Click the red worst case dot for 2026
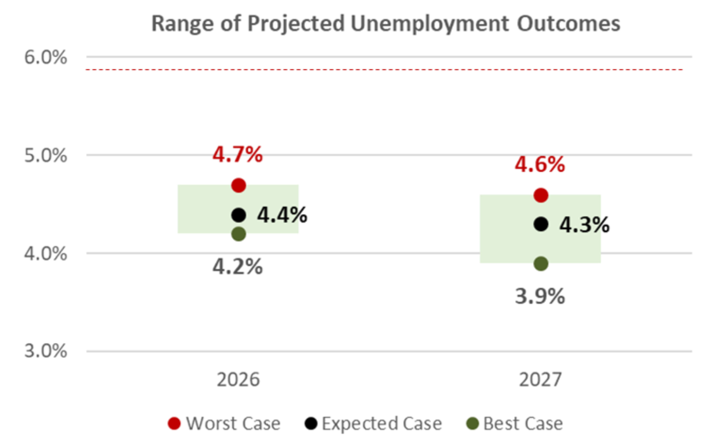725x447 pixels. point(238,185)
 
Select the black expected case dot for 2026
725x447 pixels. point(238,215)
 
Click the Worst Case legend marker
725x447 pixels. point(174,423)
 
